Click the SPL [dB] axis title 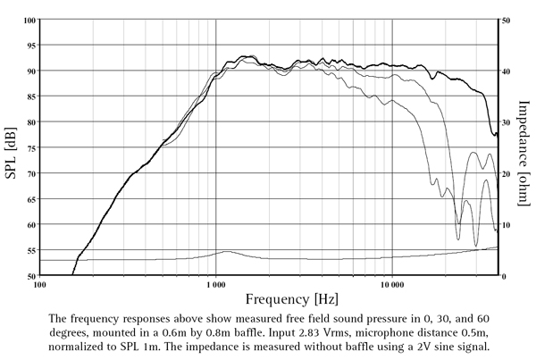tap(11, 148)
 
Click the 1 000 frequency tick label tap(215, 286)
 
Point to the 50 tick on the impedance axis tap(507, 19)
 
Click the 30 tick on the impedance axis tap(507, 121)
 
